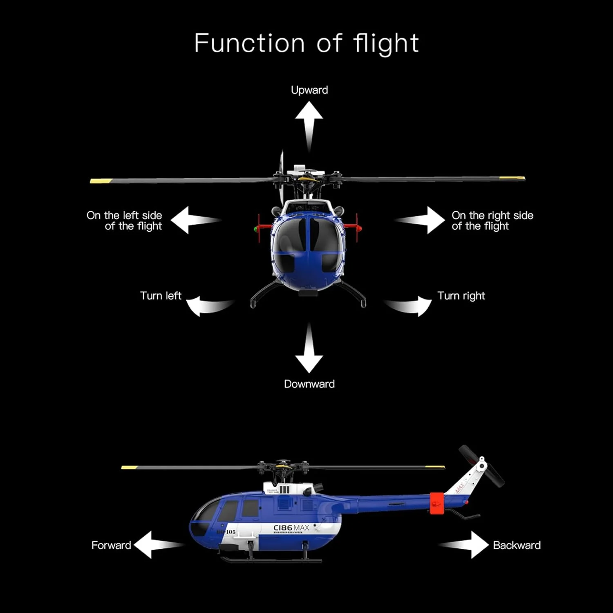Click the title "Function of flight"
[306, 43]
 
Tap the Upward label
[309, 90]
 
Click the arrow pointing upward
[309, 123]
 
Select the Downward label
[309, 384]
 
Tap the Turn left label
[161, 295]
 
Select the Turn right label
[461, 295]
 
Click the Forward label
[111, 545]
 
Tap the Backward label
[517, 545]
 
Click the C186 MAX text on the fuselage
[291, 528]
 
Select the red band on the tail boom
[437, 503]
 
